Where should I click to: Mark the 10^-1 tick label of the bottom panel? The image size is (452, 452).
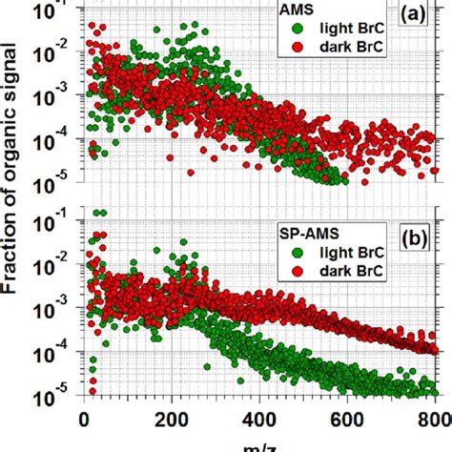(x=55, y=225)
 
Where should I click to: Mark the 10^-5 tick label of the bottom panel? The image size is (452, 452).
(x=55, y=391)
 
